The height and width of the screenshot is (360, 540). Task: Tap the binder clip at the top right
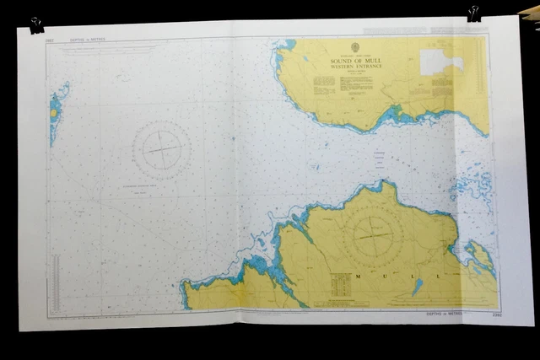pyautogui.click(x=473, y=13)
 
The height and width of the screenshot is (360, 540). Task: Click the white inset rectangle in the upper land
pyautogui.click(x=440, y=61)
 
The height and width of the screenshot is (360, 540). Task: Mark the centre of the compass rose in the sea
pyautogui.click(x=161, y=150)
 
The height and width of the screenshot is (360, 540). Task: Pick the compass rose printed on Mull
pyautogui.click(x=371, y=230)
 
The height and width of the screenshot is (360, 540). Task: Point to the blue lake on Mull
pyautogui.click(x=417, y=287)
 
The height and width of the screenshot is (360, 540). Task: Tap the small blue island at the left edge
pyautogui.click(x=56, y=110)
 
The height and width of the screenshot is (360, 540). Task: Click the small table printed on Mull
pyautogui.click(x=343, y=287)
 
